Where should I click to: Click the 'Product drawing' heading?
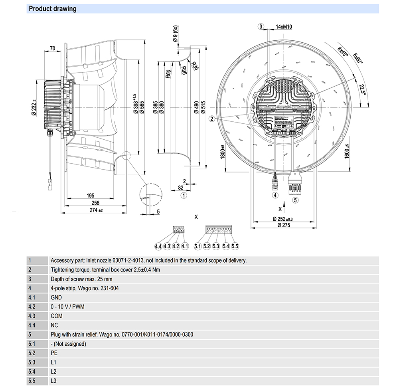pyautogui.click(x=53, y=9)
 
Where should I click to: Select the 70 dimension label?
pyautogui.click(x=52, y=49)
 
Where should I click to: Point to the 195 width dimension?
pyautogui.click(x=90, y=196)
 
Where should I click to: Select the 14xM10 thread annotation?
pyautogui.click(x=284, y=27)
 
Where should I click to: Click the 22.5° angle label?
pyautogui.click(x=361, y=89)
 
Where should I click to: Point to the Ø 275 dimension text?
pyautogui.click(x=281, y=225)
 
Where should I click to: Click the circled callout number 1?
pyautogui.click(x=184, y=195)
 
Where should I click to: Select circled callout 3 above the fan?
pyautogui.click(x=261, y=27)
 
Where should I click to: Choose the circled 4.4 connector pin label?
pyautogui.click(x=158, y=246)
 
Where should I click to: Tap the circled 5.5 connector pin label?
pyautogui.click(x=235, y=246)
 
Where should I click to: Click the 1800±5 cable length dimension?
pyautogui.click(x=222, y=152)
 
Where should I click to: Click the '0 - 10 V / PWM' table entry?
pyautogui.click(x=67, y=307)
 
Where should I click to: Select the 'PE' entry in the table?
pyautogui.click(x=54, y=353)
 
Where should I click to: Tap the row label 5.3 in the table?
pyautogui.click(x=32, y=362)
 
